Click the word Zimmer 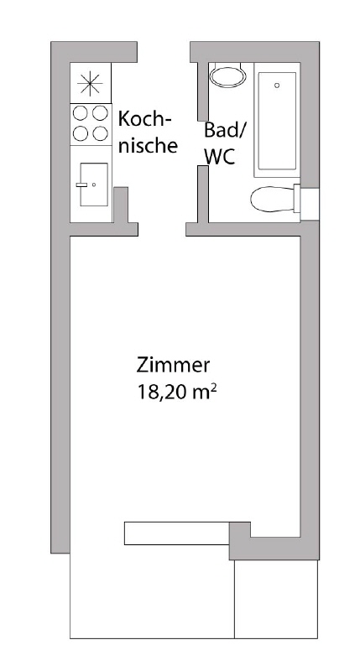coord(172,366)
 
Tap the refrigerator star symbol coord(89,82)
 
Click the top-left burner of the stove coord(81,114)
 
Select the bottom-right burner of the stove coord(100,133)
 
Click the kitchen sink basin coord(93,184)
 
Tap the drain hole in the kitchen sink coord(94,184)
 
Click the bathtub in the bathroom coord(278,121)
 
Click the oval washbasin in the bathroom coord(227,77)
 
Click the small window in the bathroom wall coord(310,202)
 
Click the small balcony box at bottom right coord(276,599)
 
